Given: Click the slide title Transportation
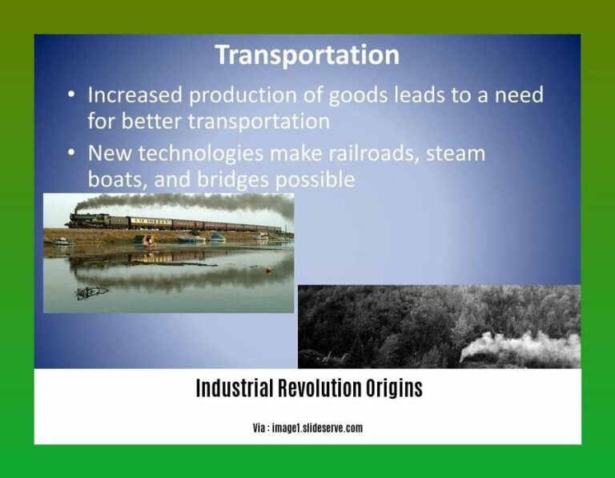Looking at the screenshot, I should [x=307, y=55].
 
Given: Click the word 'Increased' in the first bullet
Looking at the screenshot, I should [x=133, y=95].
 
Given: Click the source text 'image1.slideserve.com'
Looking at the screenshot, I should [x=318, y=428].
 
